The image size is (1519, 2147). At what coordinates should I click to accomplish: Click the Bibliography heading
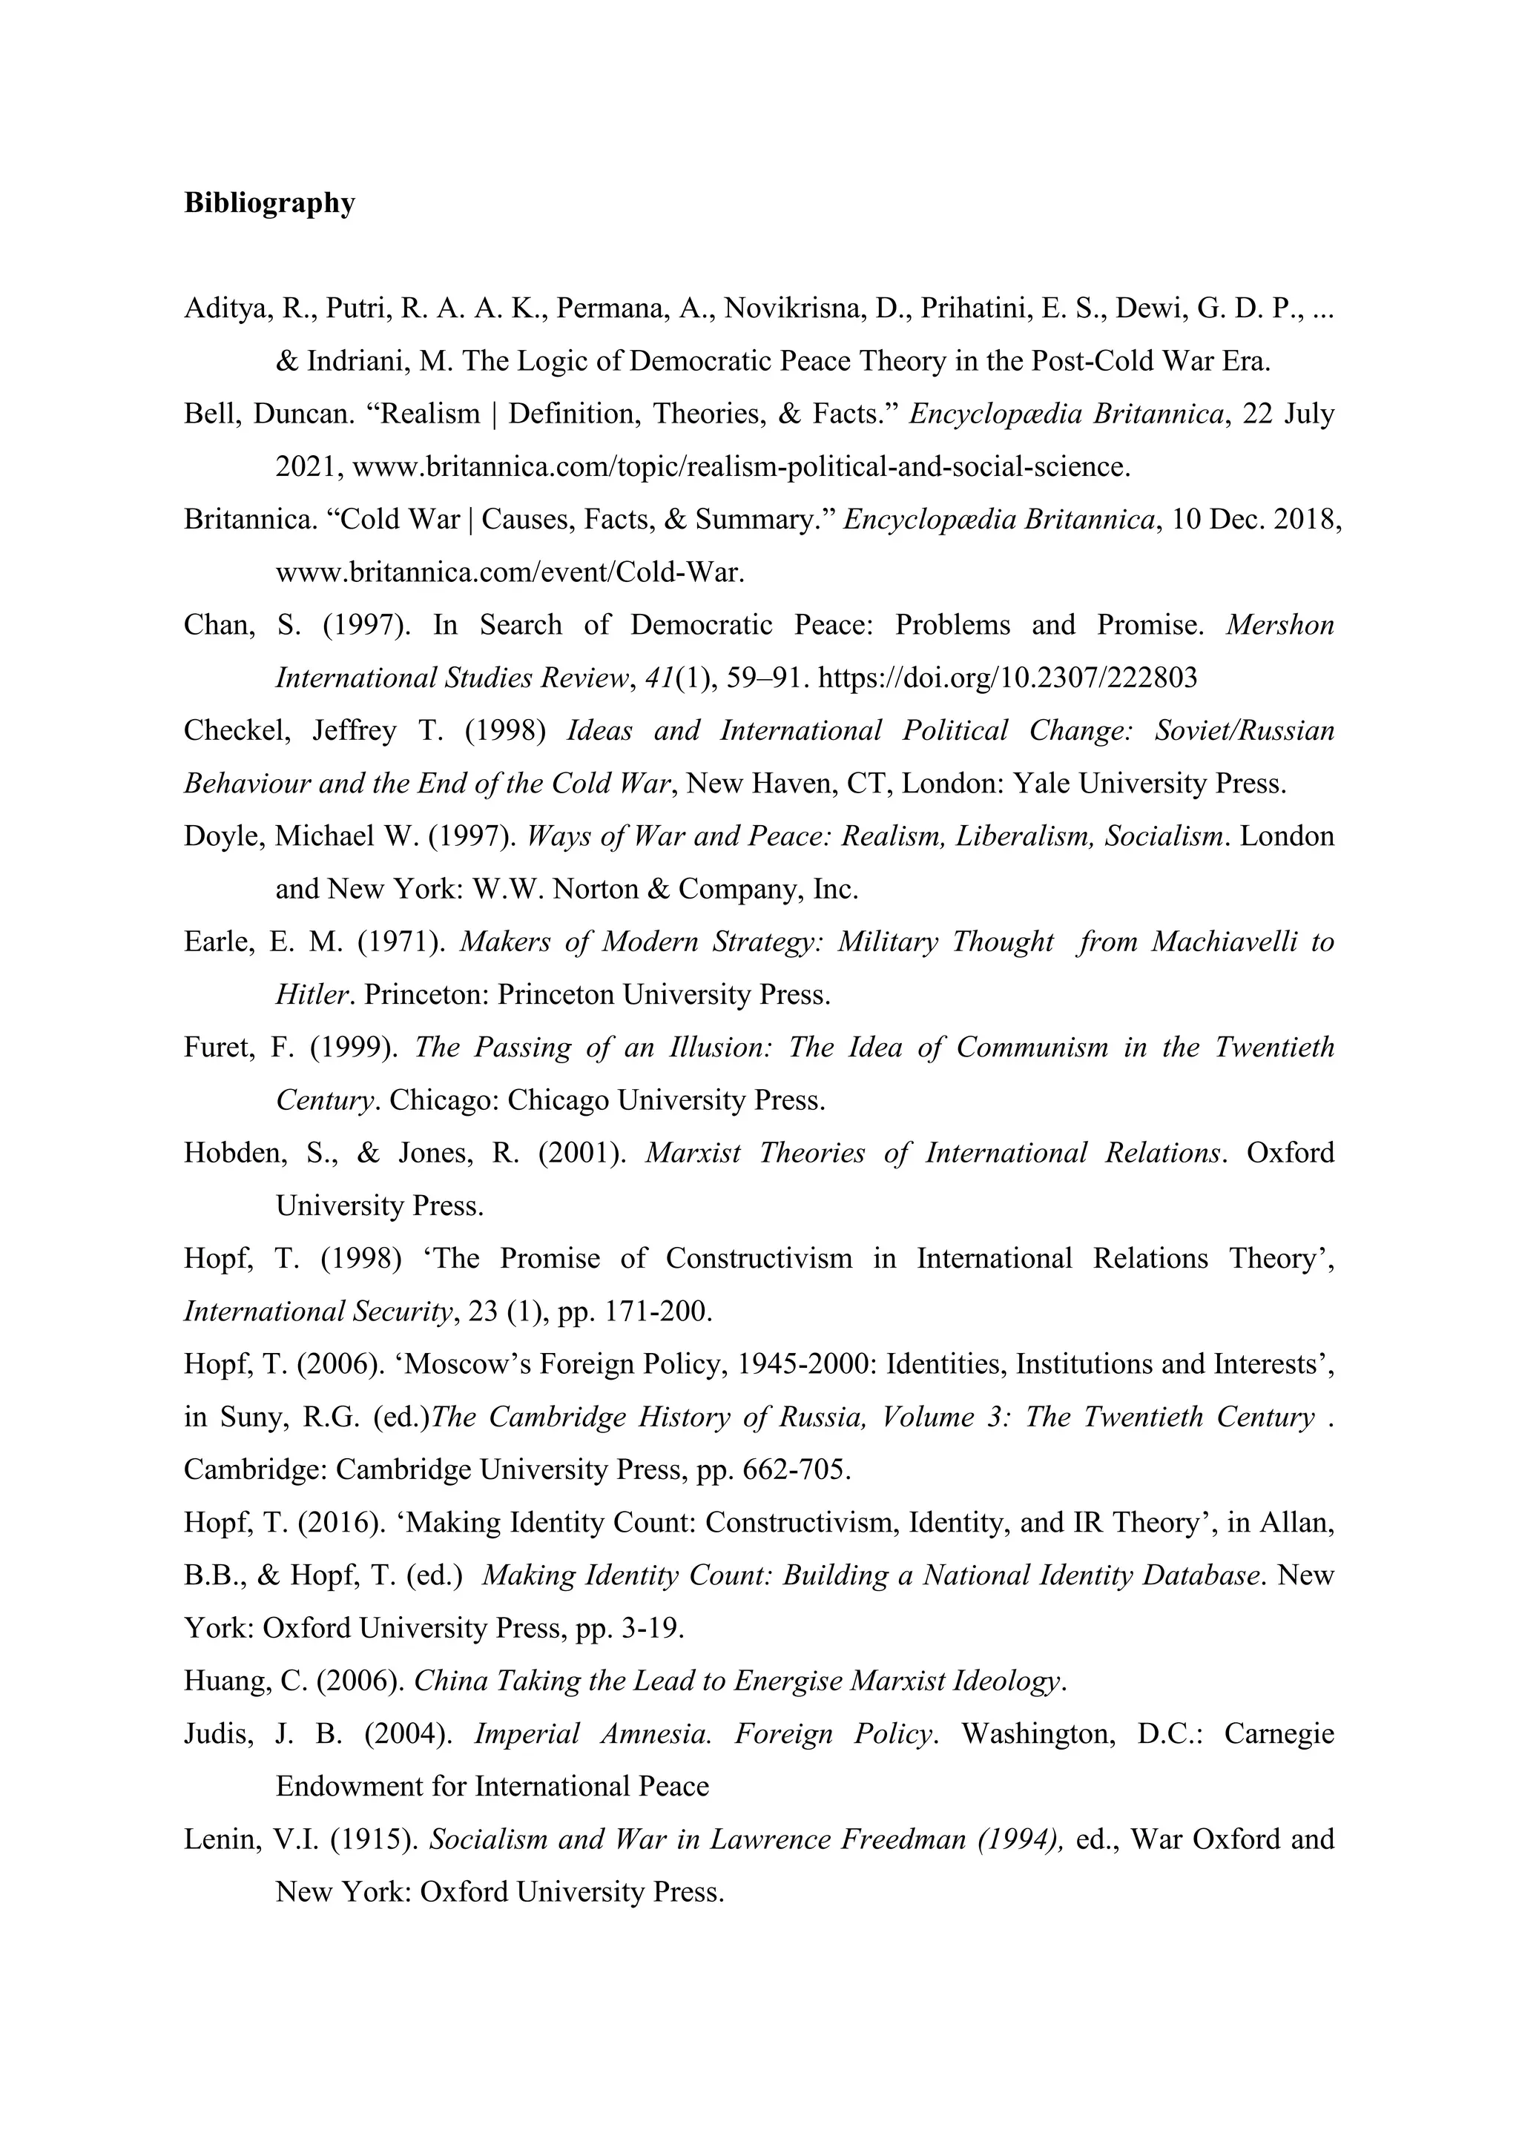pyautogui.click(x=269, y=203)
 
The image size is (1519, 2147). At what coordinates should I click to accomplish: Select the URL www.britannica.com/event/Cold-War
pyautogui.click(x=510, y=572)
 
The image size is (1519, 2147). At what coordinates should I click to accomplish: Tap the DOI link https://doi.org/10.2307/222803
pyautogui.click(x=1007, y=678)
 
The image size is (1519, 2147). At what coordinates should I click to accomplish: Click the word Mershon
pyautogui.click(x=1279, y=625)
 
